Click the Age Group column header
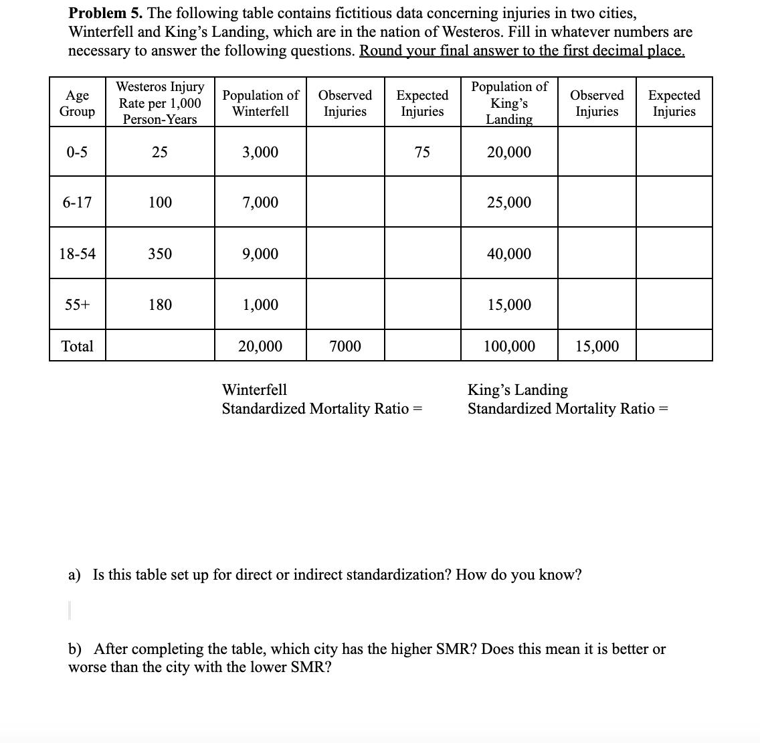pyautogui.click(x=77, y=103)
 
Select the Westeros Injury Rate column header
pyautogui.click(x=160, y=103)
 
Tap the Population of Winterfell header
pyautogui.click(x=260, y=103)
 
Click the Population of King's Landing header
pyautogui.click(x=509, y=103)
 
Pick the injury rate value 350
pyautogui.click(x=160, y=254)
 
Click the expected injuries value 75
pyautogui.click(x=421, y=153)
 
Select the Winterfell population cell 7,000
pyautogui.click(x=260, y=202)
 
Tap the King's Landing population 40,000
pyautogui.click(x=509, y=254)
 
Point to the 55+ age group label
pyautogui.click(x=77, y=305)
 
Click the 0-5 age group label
pyautogui.click(x=77, y=153)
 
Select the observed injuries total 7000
pyautogui.click(x=345, y=346)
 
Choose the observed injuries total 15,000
pyautogui.click(x=597, y=346)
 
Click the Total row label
pyautogui.click(x=77, y=346)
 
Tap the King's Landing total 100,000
pyautogui.click(x=509, y=346)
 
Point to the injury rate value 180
pyautogui.click(x=160, y=305)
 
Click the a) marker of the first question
pyautogui.click(x=74, y=575)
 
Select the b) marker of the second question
pyautogui.click(x=75, y=649)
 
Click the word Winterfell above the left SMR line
pyautogui.click(x=254, y=390)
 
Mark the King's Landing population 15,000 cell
pyautogui.click(x=509, y=305)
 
